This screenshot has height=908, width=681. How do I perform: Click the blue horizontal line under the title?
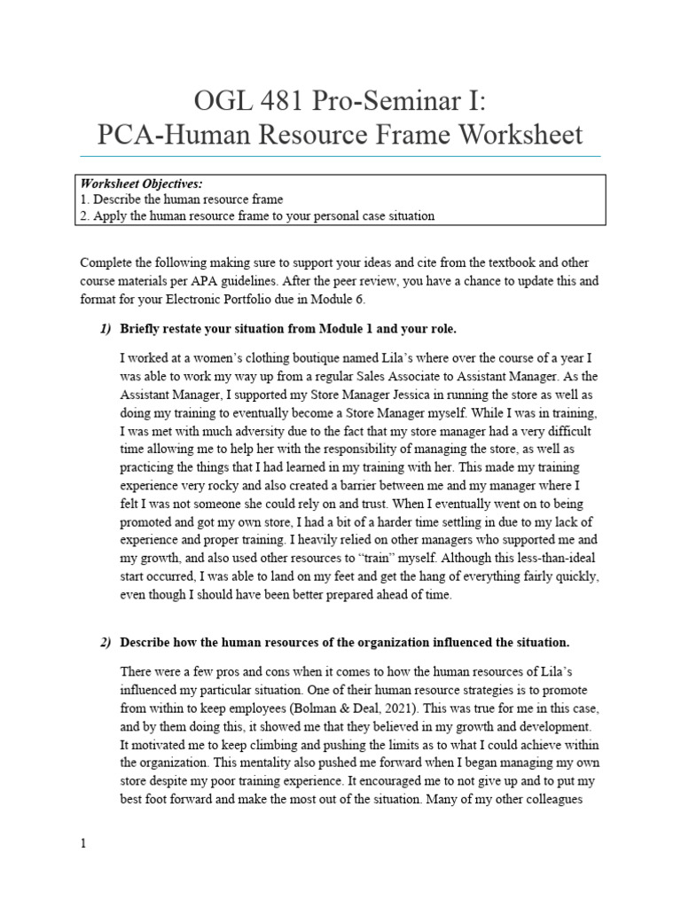[340, 156]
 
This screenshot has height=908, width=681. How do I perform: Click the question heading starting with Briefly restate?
[288, 329]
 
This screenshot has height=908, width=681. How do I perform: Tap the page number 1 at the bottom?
[83, 843]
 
